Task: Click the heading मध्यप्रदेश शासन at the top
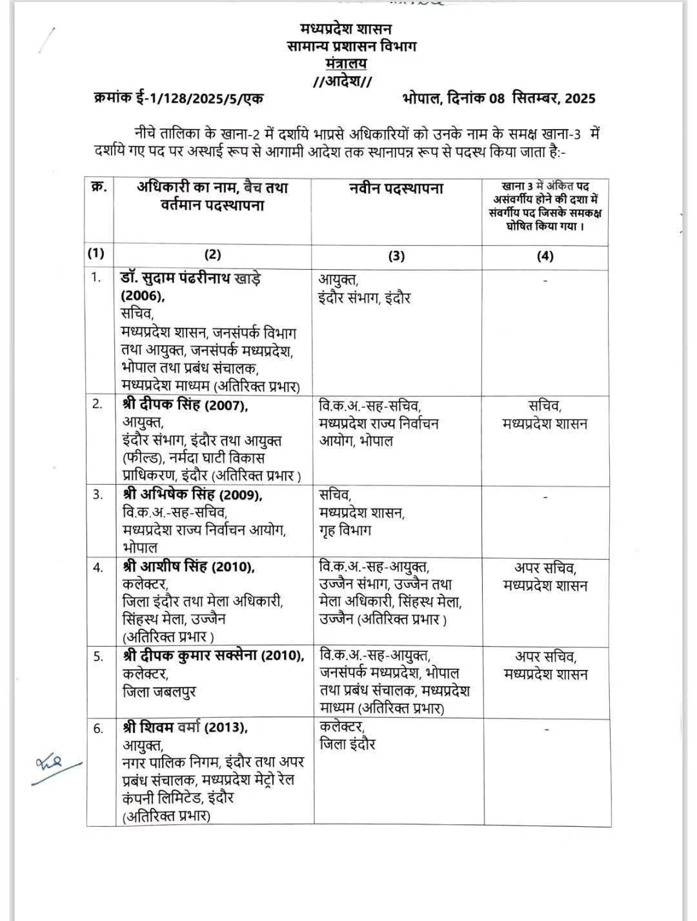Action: [x=346, y=29]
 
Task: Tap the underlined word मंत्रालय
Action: [x=346, y=63]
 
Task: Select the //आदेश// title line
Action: [x=342, y=81]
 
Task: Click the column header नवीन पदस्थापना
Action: [x=396, y=188]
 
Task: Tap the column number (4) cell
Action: [x=545, y=256]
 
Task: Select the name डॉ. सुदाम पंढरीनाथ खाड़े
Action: [x=190, y=279]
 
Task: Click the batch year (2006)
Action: [x=143, y=296]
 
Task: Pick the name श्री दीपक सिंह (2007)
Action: [x=185, y=405]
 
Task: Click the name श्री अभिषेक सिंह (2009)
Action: [x=192, y=495]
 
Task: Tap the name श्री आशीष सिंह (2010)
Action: [x=188, y=567]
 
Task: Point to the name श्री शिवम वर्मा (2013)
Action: [x=185, y=727]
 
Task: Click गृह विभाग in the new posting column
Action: [x=345, y=531]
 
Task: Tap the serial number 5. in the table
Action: [x=98, y=657]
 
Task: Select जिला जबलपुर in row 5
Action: [x=159, y=691]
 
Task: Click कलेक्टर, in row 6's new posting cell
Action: [x=342, y=727]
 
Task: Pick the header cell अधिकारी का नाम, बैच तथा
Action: [x=212, y=188]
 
